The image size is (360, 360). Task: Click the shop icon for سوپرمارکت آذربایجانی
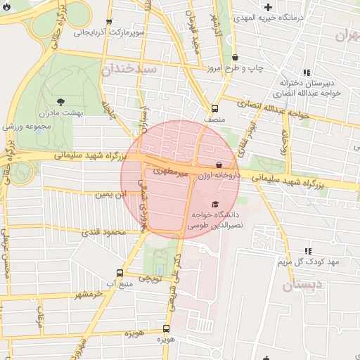[x=108, y=22]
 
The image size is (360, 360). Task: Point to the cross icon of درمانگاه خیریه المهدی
[x=268, y=7]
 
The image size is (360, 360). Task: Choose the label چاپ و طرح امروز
[x=234, y=67]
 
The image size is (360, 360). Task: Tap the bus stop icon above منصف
[x=214, y=108]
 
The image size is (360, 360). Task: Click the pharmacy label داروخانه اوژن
[x=219, y=174]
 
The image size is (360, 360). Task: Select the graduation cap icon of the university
[x=214, y=203]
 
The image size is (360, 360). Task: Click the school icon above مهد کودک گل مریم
[x=308, y=251]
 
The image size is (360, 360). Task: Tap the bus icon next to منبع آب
[x=119, y=273]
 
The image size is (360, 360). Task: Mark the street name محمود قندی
[x=103, y=232]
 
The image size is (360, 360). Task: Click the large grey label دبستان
[x=302, y=285]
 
